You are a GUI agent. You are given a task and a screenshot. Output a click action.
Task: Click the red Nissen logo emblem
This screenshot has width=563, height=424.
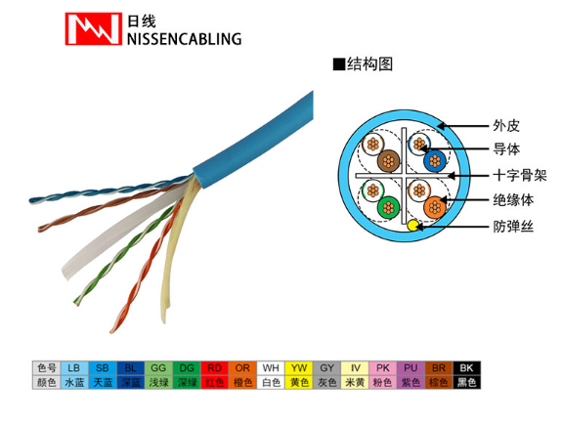point(94,28)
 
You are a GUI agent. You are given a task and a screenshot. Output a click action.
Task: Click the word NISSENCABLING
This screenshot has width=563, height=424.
point(184,39)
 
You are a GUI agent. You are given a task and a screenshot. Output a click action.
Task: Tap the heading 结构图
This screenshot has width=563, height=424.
point(369,64)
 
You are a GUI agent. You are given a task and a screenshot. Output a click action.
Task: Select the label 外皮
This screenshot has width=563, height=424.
point(506,126)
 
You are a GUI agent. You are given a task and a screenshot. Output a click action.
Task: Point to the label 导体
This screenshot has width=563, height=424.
point(506,149)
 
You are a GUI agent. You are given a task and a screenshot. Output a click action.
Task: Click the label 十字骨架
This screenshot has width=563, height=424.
point(520,176)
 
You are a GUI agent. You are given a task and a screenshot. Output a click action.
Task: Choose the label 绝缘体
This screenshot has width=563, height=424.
point(513,200)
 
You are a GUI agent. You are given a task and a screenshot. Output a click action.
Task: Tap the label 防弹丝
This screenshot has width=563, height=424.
point(513,227)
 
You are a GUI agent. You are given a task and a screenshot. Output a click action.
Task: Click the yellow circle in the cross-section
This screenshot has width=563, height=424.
point(412,226)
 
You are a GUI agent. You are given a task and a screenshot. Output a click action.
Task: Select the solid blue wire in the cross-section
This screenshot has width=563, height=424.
point(434,161)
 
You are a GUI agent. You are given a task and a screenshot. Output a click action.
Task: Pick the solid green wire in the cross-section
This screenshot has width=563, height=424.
point(388,207)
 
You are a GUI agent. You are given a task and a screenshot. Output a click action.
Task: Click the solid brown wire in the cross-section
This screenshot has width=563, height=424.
point(388,161)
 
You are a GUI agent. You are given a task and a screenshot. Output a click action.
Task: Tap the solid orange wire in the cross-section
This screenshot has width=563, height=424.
point(434,207)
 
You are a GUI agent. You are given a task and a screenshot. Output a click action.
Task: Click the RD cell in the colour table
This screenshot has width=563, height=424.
point(215,368)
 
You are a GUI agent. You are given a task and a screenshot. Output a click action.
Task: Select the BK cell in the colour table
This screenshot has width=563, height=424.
point(466,368)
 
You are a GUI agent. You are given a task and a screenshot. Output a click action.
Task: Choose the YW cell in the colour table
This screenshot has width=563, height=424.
point(299,368)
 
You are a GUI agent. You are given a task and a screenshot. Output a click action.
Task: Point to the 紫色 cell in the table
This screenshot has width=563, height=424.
point(411,382)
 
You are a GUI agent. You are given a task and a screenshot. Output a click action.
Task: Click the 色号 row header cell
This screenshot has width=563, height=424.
point(47,368)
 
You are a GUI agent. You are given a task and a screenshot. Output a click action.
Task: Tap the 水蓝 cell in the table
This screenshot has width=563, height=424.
point(74,382)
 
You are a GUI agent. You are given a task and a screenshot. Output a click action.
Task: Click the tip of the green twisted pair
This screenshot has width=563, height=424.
point(76,302)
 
